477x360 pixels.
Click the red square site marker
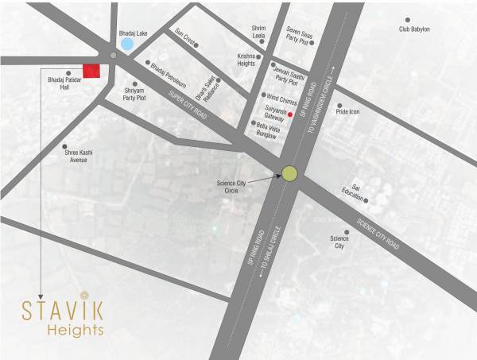point(91,71)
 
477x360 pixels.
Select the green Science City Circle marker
point(289,173)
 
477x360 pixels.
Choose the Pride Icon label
point(347,112)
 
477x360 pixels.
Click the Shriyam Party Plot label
point(135,95)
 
